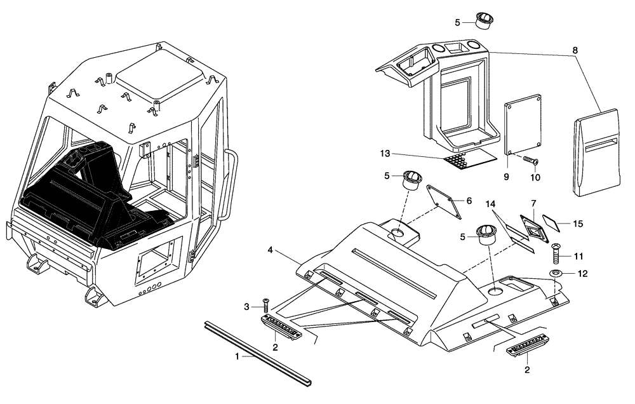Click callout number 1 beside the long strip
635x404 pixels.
point(237,356)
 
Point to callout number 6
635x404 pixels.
point(469,201)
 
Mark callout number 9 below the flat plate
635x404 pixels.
point(506,178)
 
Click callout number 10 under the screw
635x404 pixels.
point(535,178)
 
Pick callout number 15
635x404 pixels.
point(577,224)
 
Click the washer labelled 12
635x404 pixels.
point(556,274)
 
